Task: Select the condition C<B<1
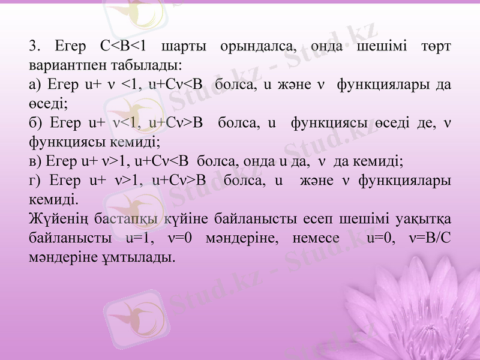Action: [124, 46]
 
